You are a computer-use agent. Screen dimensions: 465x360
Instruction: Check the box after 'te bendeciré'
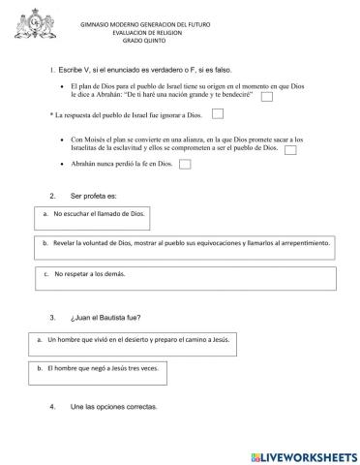point(266,96)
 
